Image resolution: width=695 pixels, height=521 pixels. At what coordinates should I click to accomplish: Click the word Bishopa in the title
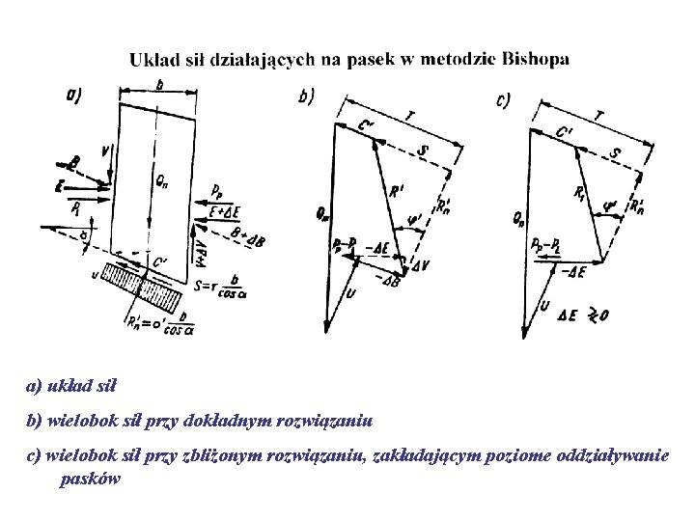(x=535, y=59)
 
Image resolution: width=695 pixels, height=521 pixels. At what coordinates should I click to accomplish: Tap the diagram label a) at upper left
(x=73, y=94)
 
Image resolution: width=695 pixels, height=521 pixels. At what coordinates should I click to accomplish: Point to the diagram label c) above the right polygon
(x=503, y=99)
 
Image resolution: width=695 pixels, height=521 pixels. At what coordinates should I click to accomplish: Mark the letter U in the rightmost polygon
(x=544, y=306)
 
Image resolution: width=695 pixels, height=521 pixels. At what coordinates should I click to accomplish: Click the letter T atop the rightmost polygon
(x=600, y=116)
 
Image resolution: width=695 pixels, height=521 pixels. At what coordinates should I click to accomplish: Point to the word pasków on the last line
(x=90, y=480)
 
